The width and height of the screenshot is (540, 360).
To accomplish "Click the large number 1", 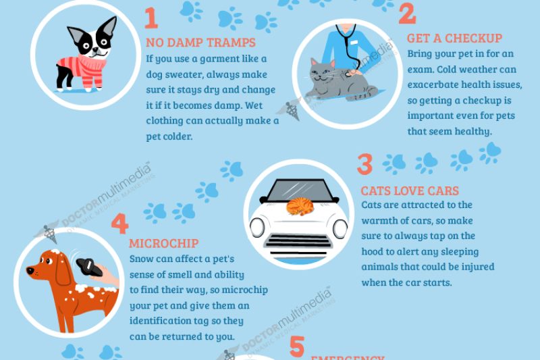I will pyautogui.click(x=152, y=18).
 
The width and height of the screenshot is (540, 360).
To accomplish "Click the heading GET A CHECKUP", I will pyautogui.click(x=454, y=38).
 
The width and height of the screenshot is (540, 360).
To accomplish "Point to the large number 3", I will pyautogui.click(x=365, y=165).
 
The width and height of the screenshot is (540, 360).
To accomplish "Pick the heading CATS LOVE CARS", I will pyautogui.click(x=410, y=191).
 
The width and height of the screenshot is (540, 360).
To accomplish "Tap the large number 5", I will pyautogui.click(x=298, y=347).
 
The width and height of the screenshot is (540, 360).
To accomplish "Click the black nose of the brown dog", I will pyautogui.click(x=30, y=270).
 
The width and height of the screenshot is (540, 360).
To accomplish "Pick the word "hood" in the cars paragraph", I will pyautogui.click(x=374, y=251).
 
